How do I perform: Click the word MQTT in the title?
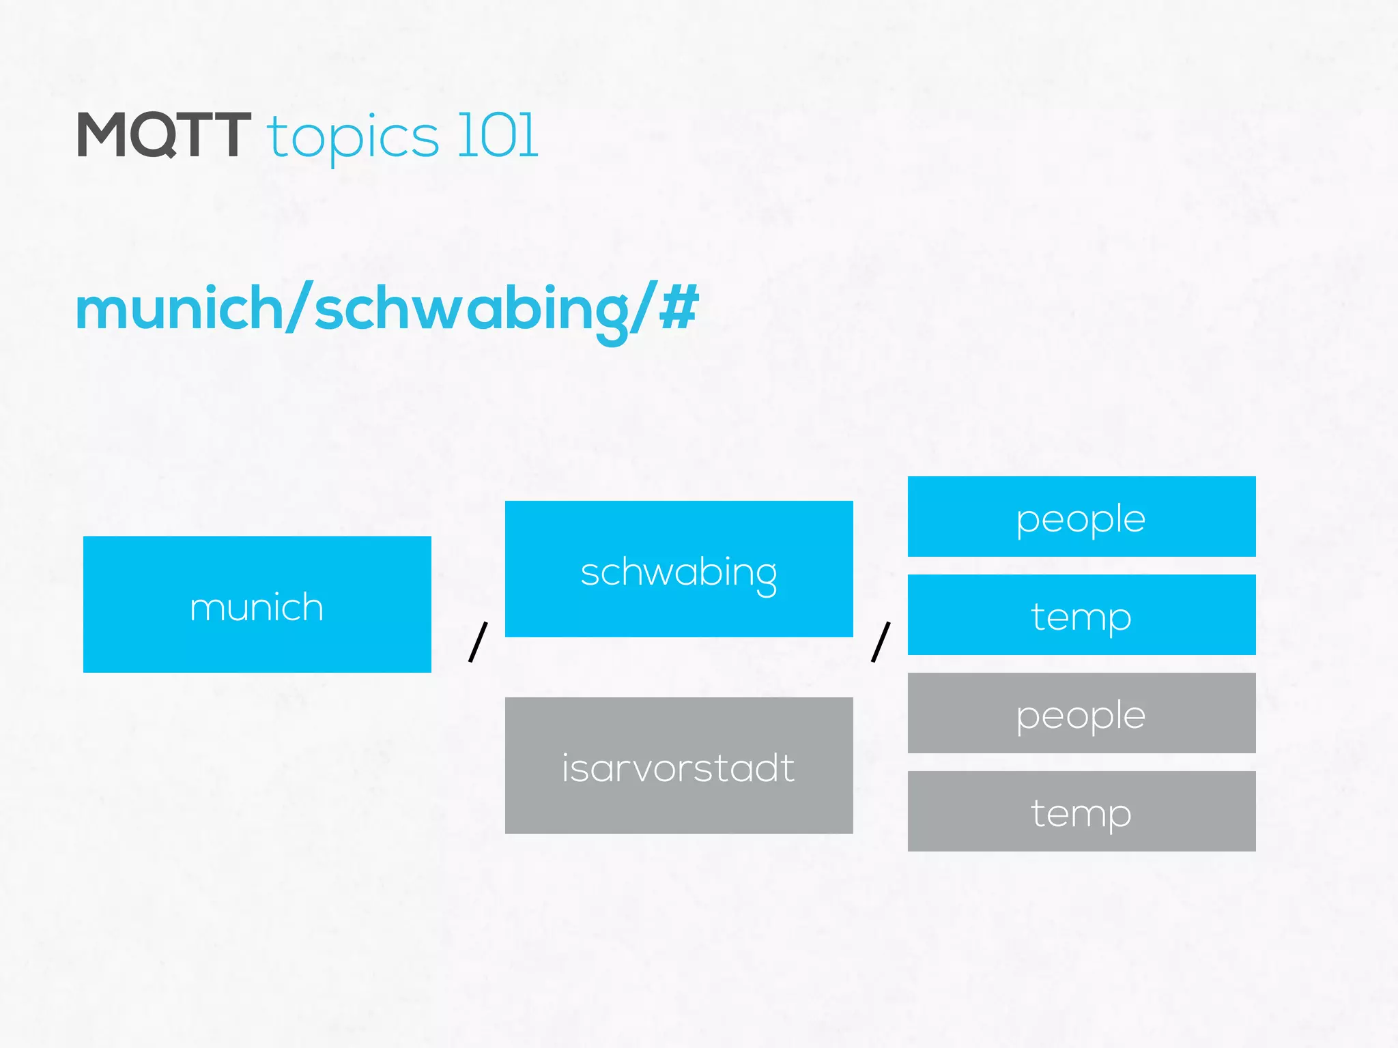[x=164, y=135]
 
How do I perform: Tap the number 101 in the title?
[x=498, y=135]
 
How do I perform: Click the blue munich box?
[x=257, y=605]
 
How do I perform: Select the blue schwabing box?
[x=679, y=569]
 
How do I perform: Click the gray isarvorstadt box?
[x=679, y=766]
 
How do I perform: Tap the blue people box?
[x=1081, y=516]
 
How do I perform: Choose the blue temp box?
[x=1081, y=615]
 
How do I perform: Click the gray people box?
[x=1081, y=713]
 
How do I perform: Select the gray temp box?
[x=1081, y=811]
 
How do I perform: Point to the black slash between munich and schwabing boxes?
[x=478, y=641]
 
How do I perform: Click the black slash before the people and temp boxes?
[x=881, y=641]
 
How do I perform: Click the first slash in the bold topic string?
[x=299, y=307]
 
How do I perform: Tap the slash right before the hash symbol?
[x=643, y=307]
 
